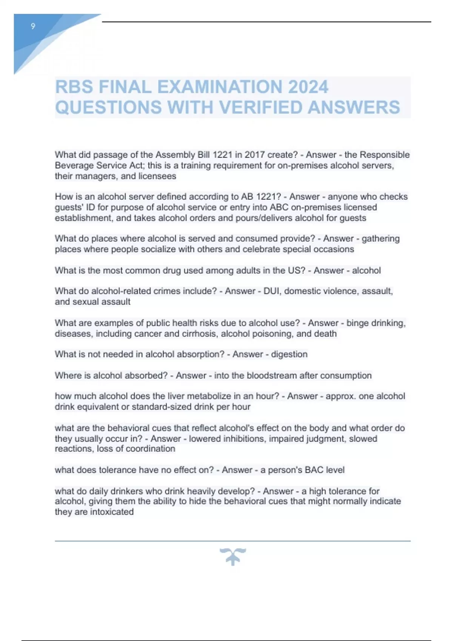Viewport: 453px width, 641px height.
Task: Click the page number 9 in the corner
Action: (x=33, y=26)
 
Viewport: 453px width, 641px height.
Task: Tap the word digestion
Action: (x=289, y=354)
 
